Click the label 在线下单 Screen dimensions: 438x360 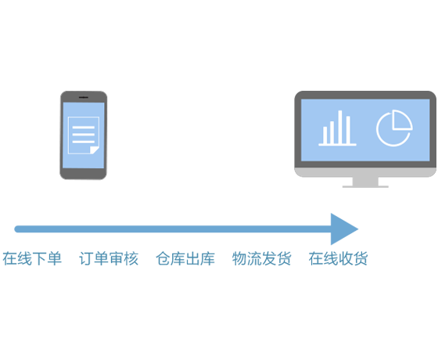[x=32, y=258]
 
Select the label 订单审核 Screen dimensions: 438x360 [x=109, y=258]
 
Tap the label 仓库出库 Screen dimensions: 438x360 [x=185, y=258]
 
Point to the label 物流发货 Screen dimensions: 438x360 [x=262, y=258]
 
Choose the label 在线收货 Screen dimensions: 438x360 [x=338, y=258]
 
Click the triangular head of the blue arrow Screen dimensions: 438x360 [x=343, y=229]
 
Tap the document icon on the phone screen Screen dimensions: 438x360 [x=84, y=135]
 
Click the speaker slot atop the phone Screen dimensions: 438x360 [x=83, y=97]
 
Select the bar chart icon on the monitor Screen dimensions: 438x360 [x=337, y=128]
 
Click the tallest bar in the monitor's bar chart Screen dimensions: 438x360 [x=340, y=127]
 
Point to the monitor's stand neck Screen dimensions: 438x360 [x=365, y=181]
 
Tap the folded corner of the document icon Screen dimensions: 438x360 [x=94, y=149]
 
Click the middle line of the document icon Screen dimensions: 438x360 [x=84, y=135]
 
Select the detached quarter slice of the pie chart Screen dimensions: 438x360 [x=401, y=121]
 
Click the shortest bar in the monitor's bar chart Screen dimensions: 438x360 [x=325, y=135]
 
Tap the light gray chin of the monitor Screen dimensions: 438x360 [x=365, y=172]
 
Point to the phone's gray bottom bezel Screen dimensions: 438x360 [x=83, y=174]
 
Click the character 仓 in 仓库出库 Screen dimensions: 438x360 [x=163, y=258]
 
